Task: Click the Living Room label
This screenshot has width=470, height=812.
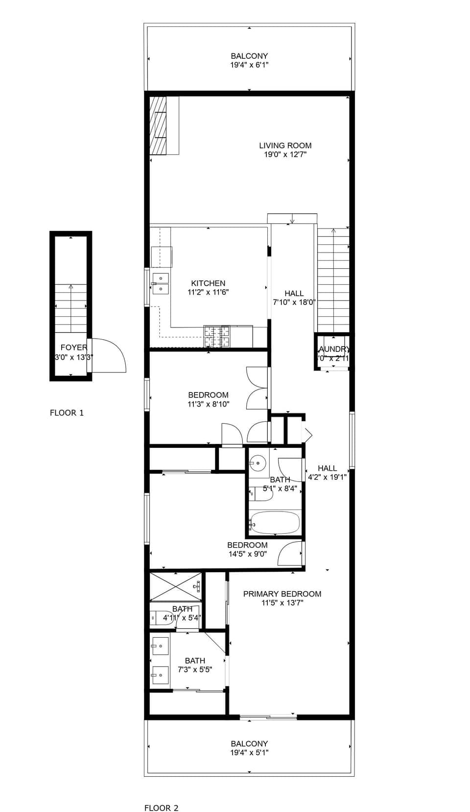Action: click(285, 145)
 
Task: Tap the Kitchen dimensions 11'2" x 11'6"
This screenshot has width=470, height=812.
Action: click(208, 292)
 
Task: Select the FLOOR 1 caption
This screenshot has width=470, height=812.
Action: click(67, 413)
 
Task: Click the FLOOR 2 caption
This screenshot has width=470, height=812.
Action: click(161, 808)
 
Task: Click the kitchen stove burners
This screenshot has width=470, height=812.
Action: click(216, 336)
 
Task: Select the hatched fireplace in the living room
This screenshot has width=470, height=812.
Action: click(158, 125)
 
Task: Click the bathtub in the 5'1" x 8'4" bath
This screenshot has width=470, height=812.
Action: click(274, 523)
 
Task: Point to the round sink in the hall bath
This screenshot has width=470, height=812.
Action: click(258, 462)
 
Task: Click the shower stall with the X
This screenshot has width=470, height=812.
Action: click(175, 586)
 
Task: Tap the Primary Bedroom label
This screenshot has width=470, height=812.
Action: click(282, 594)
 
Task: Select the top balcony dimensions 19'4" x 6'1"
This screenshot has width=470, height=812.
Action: click(249, 65)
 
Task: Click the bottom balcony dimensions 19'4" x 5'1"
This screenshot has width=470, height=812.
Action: click(249, 753)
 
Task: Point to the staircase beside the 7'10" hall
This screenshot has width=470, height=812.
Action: click(333, 281)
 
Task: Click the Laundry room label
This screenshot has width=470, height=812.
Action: click(333, 349)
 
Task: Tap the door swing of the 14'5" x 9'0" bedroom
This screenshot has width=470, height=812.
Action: click(290, 554)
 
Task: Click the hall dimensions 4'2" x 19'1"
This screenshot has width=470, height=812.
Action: click(327, 477)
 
